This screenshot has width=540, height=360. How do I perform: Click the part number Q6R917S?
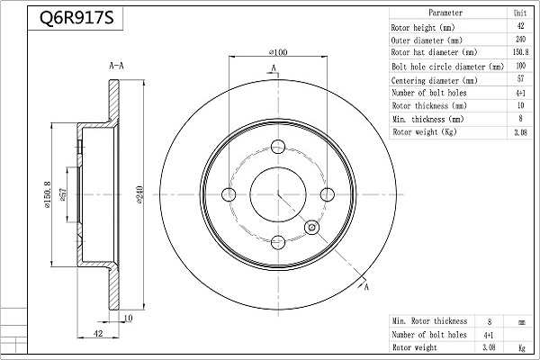pyautogui.click(x=76, y=18)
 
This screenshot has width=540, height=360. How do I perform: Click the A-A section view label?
pyautogui.click(x=116, y=66)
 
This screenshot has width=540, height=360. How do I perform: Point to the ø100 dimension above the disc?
pyautogui.click(x=278, y=52)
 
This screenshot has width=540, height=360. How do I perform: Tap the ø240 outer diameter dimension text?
pyautogui.click(x=139, y=194)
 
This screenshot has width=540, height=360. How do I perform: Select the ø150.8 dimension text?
pyautogui.click(x=47, y=194)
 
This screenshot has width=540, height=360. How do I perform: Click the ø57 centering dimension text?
pyautogui.click(x=63, y=194)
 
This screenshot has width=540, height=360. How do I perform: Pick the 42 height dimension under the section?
pyautogui.click(x=98, y=334)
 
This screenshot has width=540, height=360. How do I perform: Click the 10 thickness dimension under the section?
pyautogui.click(x=128, y=318)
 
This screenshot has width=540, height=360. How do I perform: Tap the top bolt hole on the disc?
pyautogui.click(x=278, y=147)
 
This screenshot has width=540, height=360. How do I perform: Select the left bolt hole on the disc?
pyautogui.click(x=229, y=194)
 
